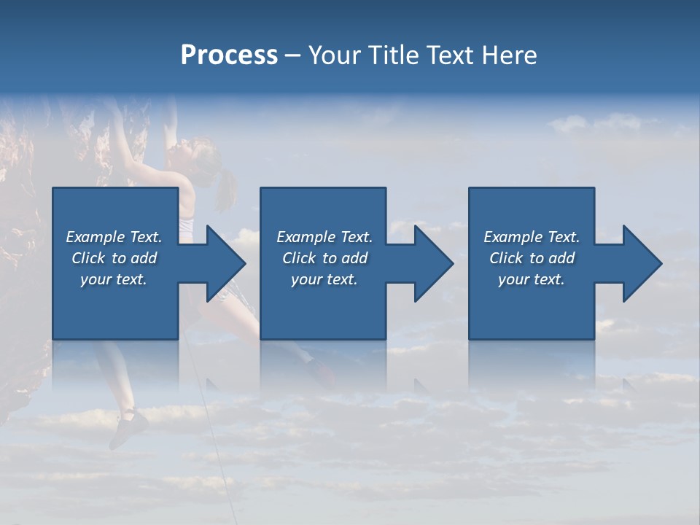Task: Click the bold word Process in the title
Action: pyautogui.click(x=229, y=55)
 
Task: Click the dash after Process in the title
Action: pyautogui.click(x=292, y=56)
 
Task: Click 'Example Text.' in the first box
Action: pyautogui.click(x=114, y=237)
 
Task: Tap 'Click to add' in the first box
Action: pyautogui.click(x=114, y=258)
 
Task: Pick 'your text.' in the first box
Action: pyautogui.click(x=114, y=279)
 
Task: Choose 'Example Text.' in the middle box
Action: pyautogui.click(x=324, y=237)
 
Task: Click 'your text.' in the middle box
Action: pyautogui.click(x=324, y=279)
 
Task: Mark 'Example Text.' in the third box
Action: pyautogui.click(x=532, y=237)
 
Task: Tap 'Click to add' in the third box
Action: pyautogui.click(x=532, y=258)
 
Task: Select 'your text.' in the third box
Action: pyautogui.click(x=532, y=279)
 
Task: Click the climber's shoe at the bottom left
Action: pyautogui.click(x=128, y=427)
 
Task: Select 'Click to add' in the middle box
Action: pyautogui.click(x=324, y=258)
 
